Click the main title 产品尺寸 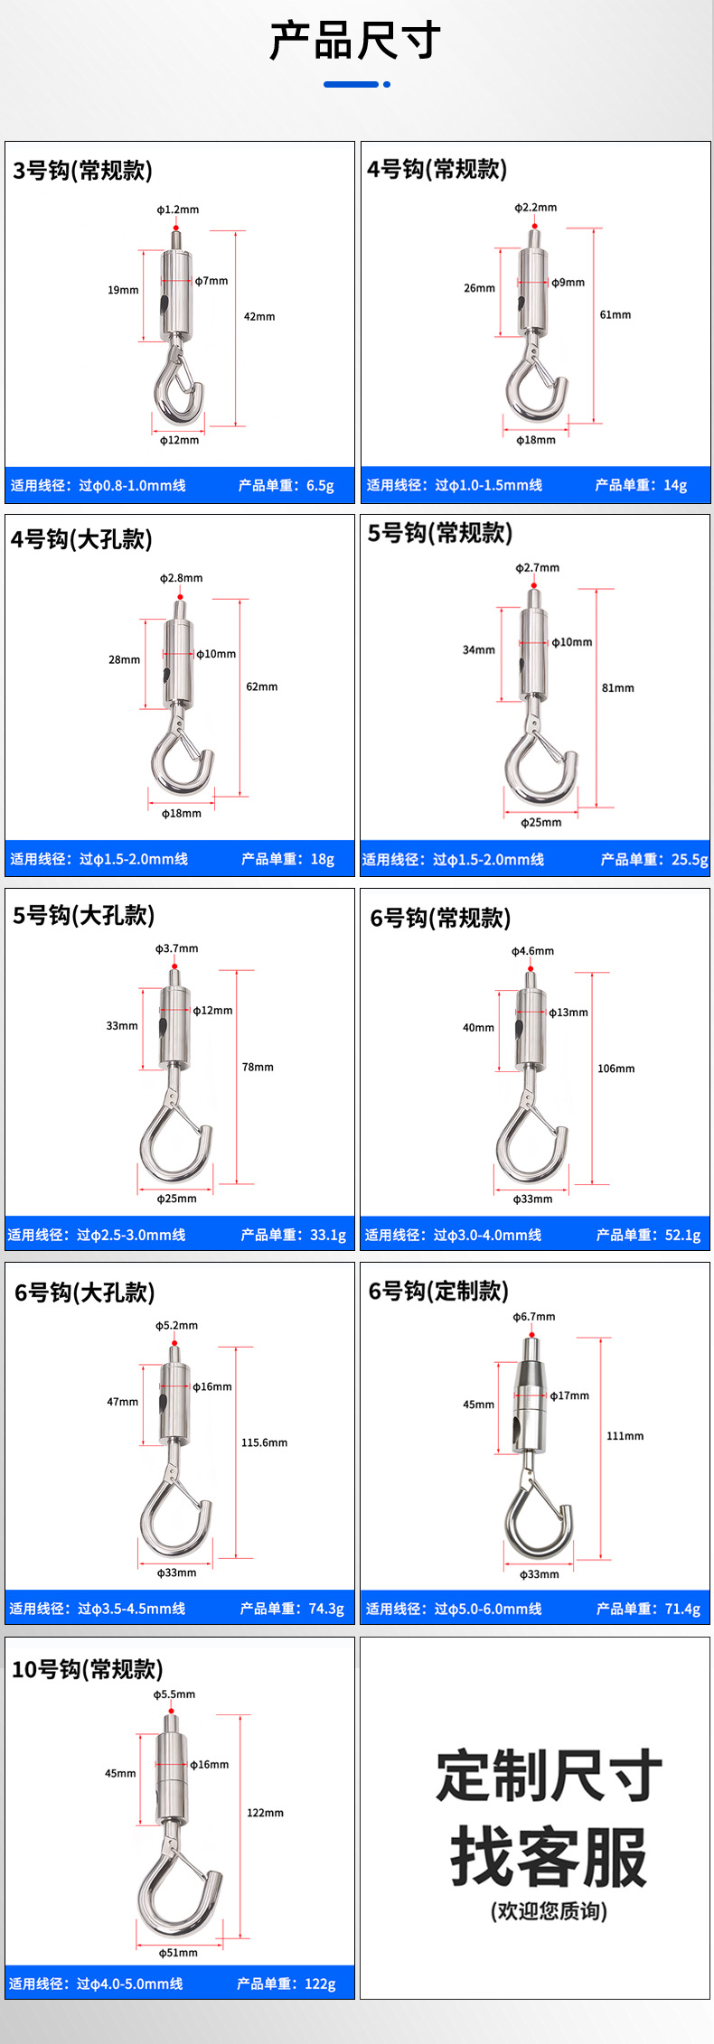coord(355,41)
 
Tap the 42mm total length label coord(259,316)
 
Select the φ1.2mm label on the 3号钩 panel coord(178,210)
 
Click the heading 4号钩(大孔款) coord(82,539)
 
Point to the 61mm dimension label coord(615,314)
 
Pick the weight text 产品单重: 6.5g coord(287,485)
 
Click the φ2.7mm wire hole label coord(538,568)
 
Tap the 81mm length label coord(618,688)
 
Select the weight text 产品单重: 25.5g coord(654,859)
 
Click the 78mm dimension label coord(258,1067)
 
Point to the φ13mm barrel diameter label coord(568,1013)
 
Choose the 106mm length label coord(616,1069)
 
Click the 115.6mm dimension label coord(265,1442)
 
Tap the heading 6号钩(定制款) coord(438,1291)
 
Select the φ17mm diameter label coord(569,1395)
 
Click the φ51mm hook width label coord(178,1953)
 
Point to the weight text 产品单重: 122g coord(287,1983)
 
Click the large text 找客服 coord(550,1856)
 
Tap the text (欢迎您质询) coord(549,1911)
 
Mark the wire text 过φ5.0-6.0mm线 coord(488,1609)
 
